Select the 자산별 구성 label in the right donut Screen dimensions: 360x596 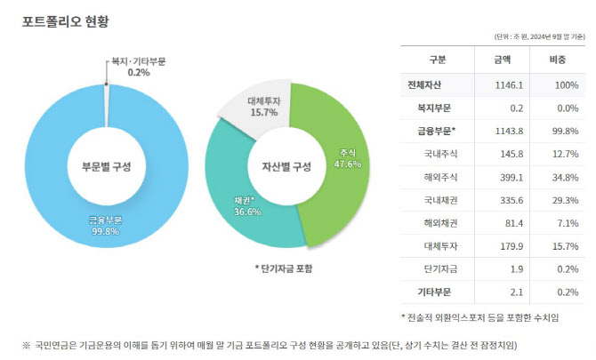click(286, 167)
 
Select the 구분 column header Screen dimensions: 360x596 click(439, 60)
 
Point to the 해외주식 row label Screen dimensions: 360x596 click(439, 176)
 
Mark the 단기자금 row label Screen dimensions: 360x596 click(439, 268)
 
